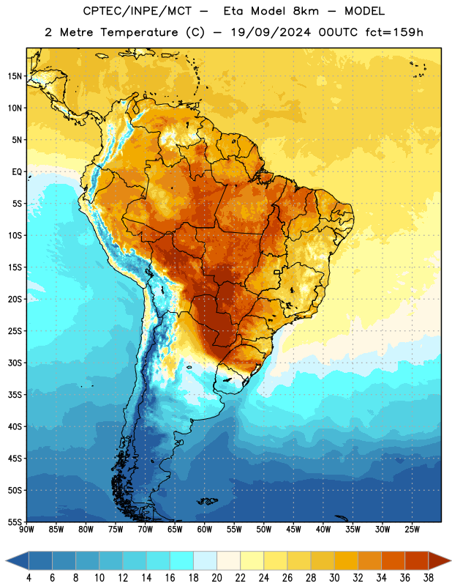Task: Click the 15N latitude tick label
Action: (x=15, y=76)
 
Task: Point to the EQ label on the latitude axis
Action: (x=17, y=172)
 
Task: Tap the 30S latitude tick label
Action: (x=15, y=363)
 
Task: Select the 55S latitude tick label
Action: (x=15, y=522)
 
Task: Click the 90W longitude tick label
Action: (x=27, y=530)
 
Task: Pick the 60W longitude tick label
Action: (x=205, y=530)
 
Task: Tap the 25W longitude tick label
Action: (x=412, y=530)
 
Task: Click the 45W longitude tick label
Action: (x=293, y=530)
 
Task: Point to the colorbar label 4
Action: (x=29, y=578)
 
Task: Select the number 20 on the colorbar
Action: (x=216, y=578)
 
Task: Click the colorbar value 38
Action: (x=429, y=578)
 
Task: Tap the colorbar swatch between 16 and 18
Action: (x=181, y=560)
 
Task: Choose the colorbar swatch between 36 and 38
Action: (x=417, y=560)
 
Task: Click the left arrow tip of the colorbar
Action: (x=6, y=560)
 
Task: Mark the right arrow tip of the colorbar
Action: (x=451, y=560)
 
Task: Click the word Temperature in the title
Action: (x=139, y=32)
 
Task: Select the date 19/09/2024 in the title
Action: (x=271, y=32)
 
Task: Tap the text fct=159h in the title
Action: (x=394, y=32)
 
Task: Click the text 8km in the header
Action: (x=306, y=11)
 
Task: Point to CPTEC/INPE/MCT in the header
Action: (x=138, y=11)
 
